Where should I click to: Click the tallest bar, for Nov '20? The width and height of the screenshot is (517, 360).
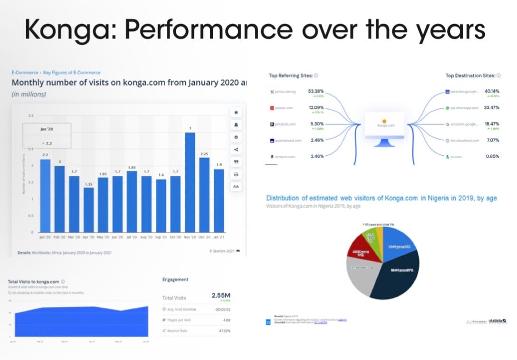pos(190,182)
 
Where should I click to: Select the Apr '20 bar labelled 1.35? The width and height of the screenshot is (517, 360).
pos(88,209)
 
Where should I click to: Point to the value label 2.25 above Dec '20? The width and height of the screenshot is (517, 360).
pos(204,154)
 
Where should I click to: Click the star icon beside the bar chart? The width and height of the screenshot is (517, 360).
pos(236,113)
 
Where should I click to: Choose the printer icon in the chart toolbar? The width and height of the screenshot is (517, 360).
pos(236,174)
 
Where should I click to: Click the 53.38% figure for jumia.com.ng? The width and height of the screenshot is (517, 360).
pos(316,91)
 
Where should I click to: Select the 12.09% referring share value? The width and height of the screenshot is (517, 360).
pos(316,108)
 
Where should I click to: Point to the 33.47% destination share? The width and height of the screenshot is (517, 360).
pos(491,108)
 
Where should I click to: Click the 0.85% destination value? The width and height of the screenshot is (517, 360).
pos(492,156)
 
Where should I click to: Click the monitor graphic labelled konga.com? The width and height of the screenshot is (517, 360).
pos(384,129)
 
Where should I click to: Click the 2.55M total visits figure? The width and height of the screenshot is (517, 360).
pos(220,296)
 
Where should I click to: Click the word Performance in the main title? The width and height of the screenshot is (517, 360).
pos(209,30)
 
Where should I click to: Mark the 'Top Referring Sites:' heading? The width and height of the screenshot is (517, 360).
pos(291,76)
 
